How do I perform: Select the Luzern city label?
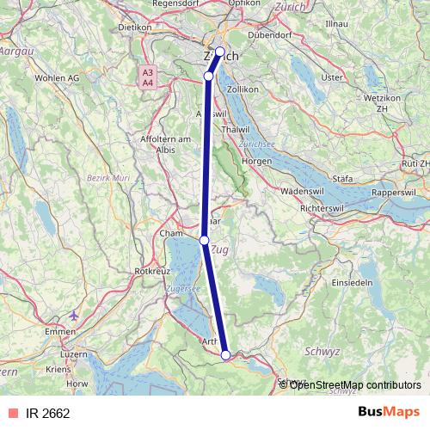[x=74, y=353]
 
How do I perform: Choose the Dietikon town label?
[x=134, y=27]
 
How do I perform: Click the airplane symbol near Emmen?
[x=75, y=315]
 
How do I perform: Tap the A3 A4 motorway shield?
[x=148, y=77]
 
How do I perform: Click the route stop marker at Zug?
[x=205, y=240]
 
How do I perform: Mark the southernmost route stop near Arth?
[x=225, y=354]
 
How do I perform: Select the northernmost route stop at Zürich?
[x=220, y=52]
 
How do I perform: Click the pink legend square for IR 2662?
[x=11, y=414]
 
